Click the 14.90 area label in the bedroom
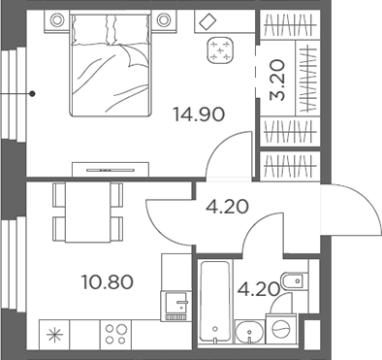click(x=198, y=114)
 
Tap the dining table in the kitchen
click(x=88, y=212)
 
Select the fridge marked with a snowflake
click(x=53, y=335)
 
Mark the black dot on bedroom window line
click(x=32, y=94)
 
